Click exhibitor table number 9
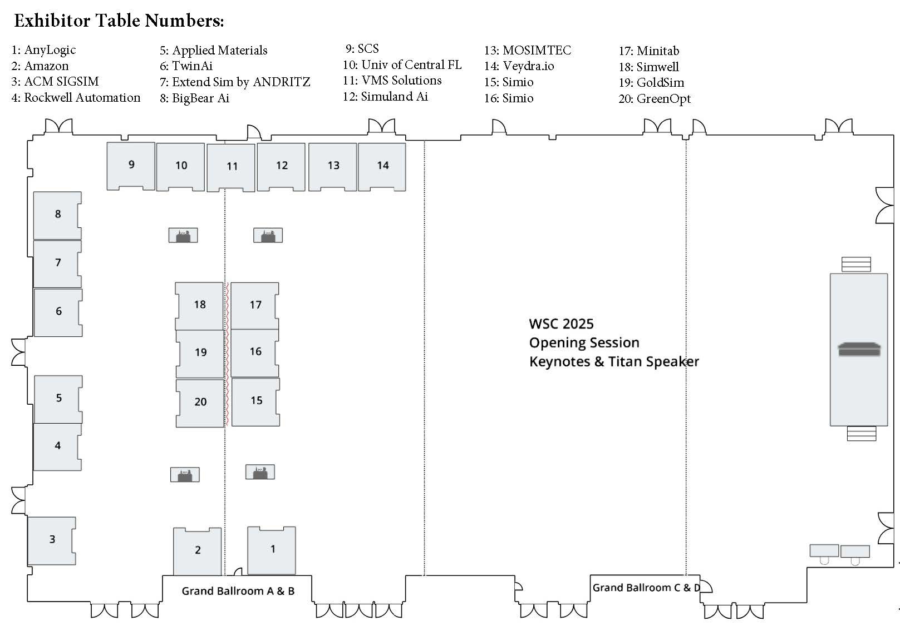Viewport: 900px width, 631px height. coord(131,166)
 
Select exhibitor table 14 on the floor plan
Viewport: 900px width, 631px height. coord(382,166)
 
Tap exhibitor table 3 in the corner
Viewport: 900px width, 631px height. coord(52,540)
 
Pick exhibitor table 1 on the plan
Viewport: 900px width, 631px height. coord(272,550)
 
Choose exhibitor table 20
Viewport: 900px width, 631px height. coord(200,403)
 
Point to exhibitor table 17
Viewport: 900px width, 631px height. coord(255,305)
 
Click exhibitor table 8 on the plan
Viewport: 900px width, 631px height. coord(57,215)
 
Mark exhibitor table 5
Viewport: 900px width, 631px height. coord(58,399)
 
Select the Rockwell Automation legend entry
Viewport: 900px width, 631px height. coord(76,98)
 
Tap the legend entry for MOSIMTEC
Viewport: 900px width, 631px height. coord(528,51)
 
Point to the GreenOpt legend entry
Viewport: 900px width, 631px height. coord(655,99)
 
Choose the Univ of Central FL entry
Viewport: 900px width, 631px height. coord(402,65)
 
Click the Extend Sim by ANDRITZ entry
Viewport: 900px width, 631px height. coord(235,82)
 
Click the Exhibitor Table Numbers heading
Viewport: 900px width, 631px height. coord(119,21)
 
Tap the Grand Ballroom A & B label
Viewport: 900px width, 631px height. coord(238,591)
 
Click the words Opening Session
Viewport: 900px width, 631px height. coord(584,342)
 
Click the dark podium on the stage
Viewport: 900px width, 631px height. coord(859,350)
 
